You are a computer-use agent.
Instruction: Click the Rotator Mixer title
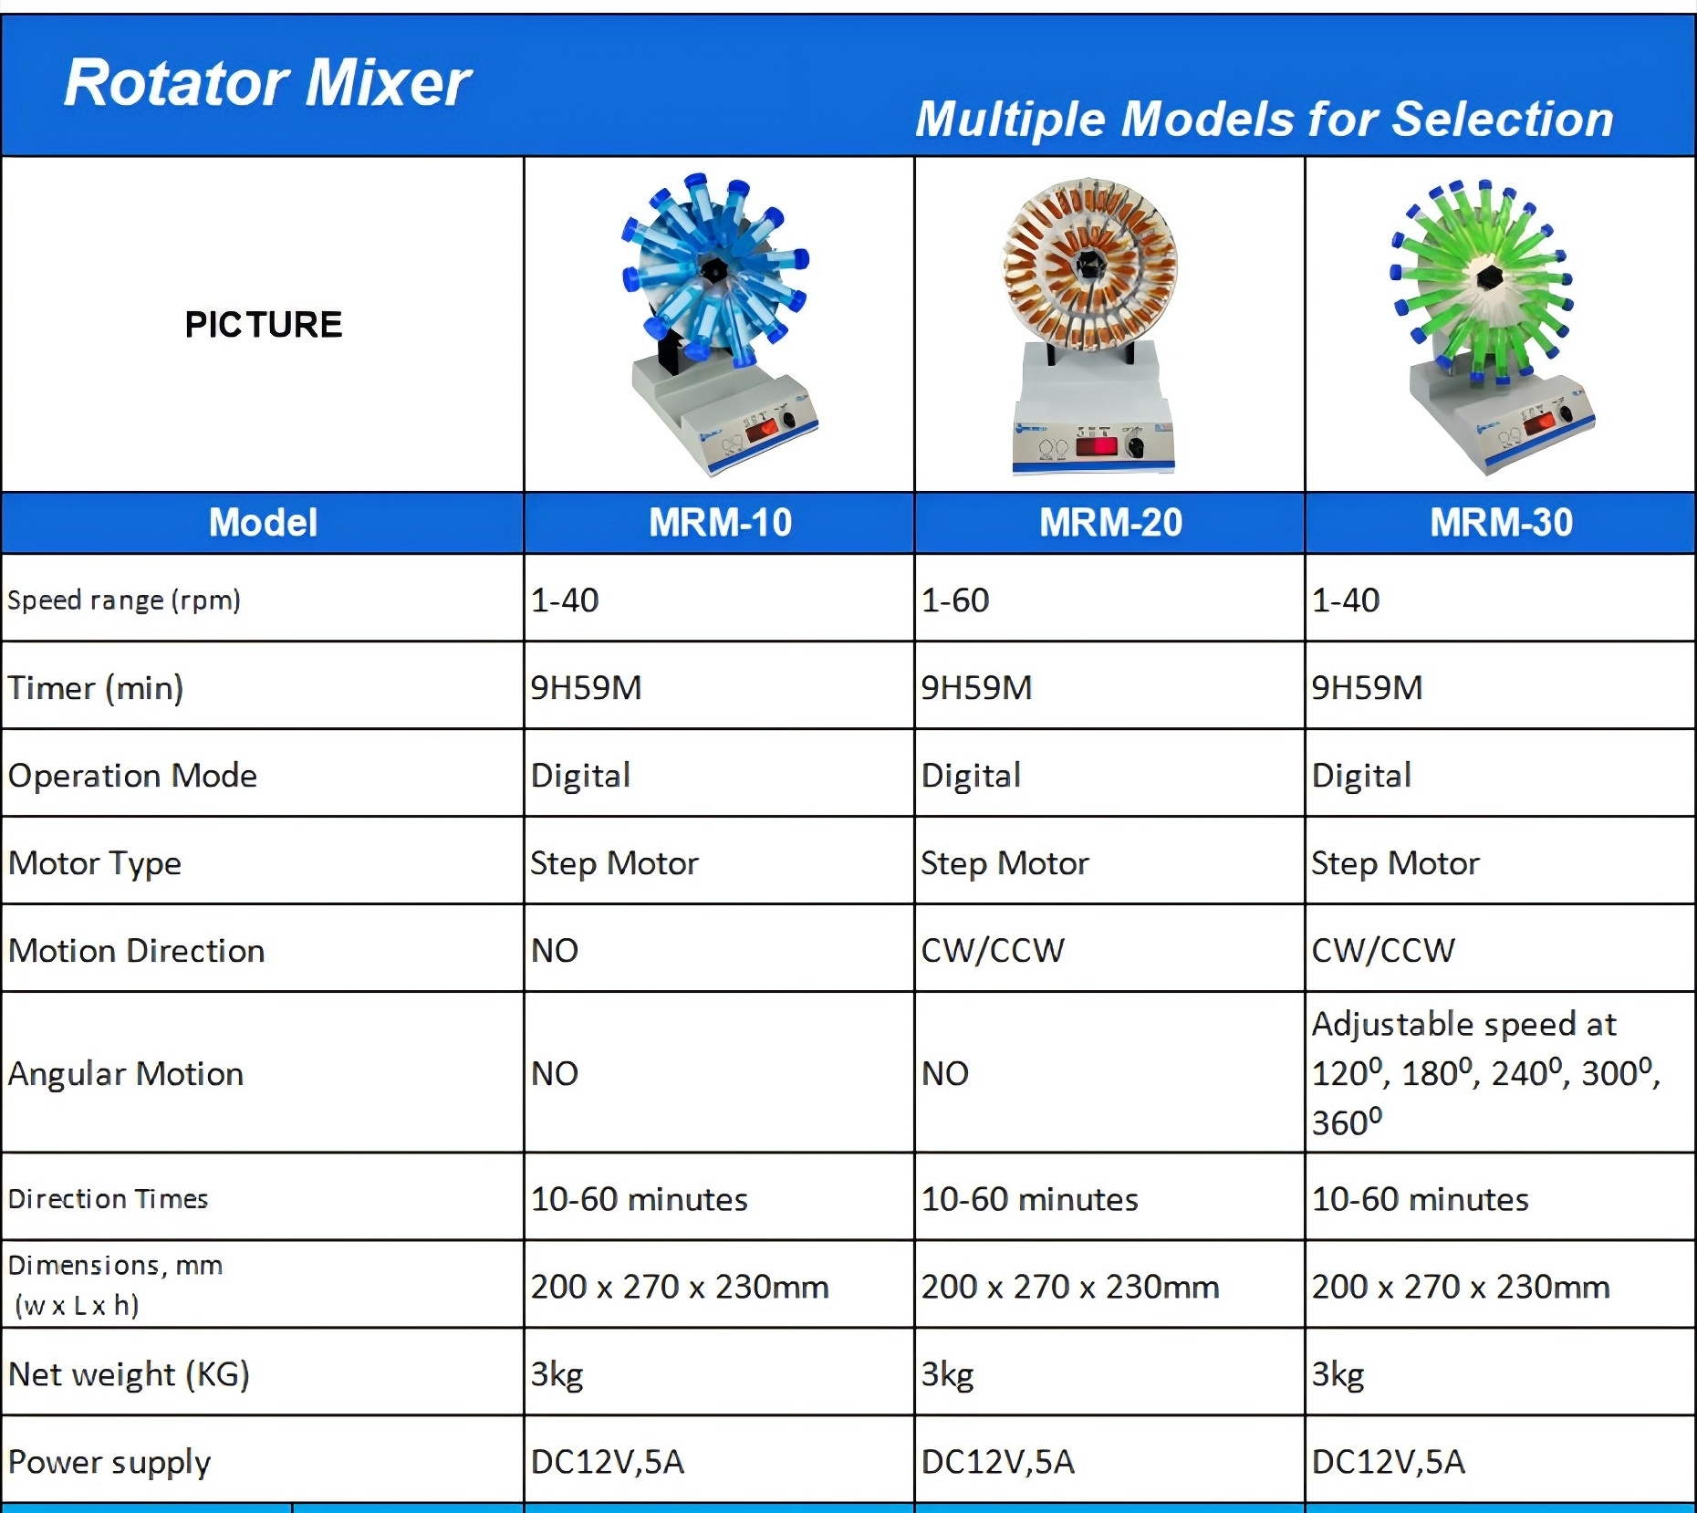tap(267, 83)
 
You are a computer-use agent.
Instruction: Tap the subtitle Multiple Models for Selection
tap(1264, 120)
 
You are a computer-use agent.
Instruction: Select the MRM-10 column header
tap(720, 523)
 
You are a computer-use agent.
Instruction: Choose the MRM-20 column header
tap(1110, 523)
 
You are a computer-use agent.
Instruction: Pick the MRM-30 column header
tap(1501, 523)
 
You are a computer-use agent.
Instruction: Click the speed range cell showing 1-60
tap(955, 600)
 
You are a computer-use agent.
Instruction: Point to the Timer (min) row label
tap(96, 687)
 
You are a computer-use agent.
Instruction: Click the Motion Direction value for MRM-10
tap(555, 951)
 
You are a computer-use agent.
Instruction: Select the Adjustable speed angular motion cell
tap(1485, 1073)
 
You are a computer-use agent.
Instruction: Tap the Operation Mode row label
tap(133, 776)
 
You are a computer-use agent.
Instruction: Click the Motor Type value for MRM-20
tap(1005, 863)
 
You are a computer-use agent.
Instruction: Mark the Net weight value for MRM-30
tap(1338, 1374)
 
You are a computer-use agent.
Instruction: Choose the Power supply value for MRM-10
tap(608, 1462)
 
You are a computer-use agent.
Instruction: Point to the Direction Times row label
tap(109, 1199)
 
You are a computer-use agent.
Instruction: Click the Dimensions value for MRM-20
tap(1070, 1287)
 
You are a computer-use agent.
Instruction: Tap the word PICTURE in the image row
tap(264, 325)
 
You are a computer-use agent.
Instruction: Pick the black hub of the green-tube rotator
tap(1489, 275)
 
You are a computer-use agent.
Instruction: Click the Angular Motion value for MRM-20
tap(945, 1074)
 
